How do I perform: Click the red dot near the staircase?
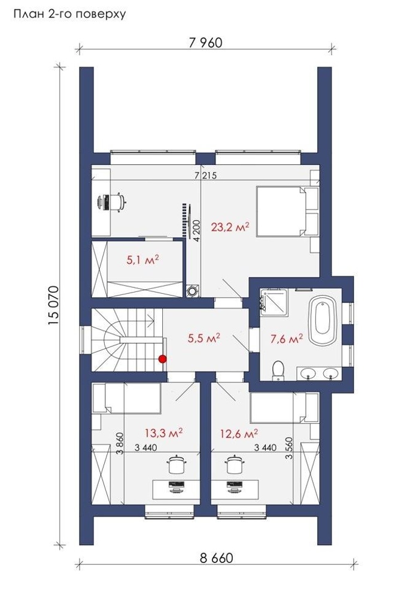[x=162, y=359]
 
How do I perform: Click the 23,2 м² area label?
[x=230, y=228]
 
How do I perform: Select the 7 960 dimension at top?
[x=206, y=43]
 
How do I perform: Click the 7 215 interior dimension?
[x=206, y=175]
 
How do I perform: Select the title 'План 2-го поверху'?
[x=70, y=14]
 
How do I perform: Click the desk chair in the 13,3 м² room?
[x=176, y=465]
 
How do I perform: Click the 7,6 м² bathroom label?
[x=287, y=339]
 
